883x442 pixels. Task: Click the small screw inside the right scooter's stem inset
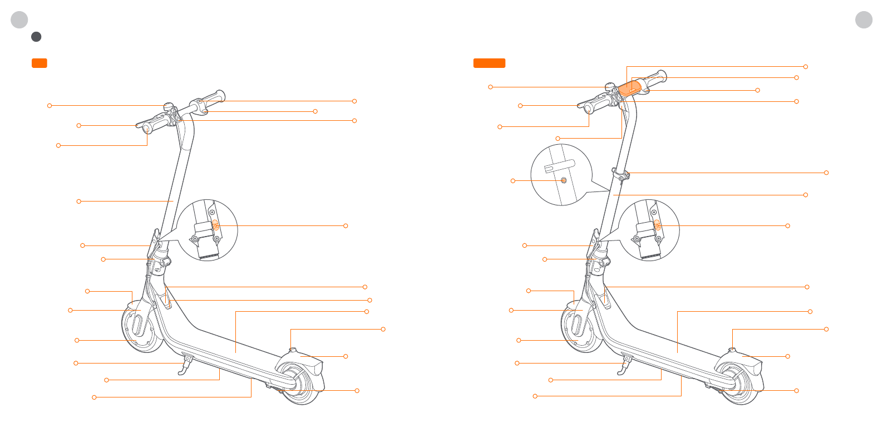[x=564, y=180]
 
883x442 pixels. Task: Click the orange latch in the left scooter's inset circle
[x=215, y=225]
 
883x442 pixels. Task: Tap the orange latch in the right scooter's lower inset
[x=657, y=225]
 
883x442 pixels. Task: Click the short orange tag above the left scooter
[x=40, y=63]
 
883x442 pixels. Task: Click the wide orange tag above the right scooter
[x=489, y=63]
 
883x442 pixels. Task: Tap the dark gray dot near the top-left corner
[x=36, y=37]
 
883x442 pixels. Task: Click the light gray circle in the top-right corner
[x=864, y=19]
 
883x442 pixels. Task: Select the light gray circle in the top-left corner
[x=19, y=19]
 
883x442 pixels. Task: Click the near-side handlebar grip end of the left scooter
[x=146, y=129]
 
